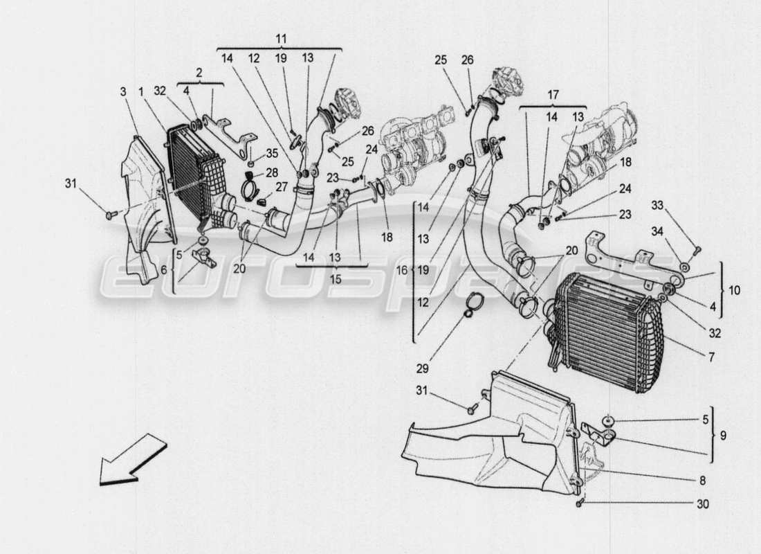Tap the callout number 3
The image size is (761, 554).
click(x=122, y=92)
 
